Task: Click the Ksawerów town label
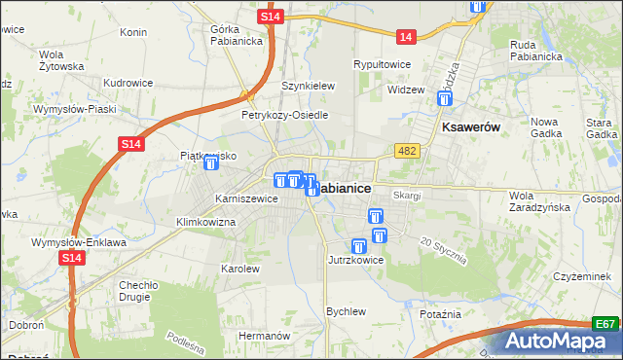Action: [470, 127]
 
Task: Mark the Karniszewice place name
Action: [246, 198]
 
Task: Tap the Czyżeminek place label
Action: [581, 276]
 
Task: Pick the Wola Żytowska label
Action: [61, 60]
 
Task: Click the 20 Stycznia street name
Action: [444, 251]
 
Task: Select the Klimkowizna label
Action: [205, 222]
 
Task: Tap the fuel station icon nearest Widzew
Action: [444, 98]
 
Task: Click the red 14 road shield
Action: [406, 37]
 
